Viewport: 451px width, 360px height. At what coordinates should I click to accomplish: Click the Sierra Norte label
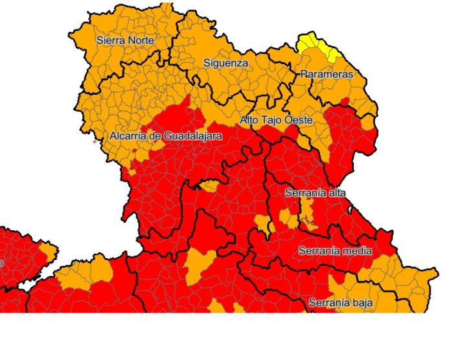point(125,40)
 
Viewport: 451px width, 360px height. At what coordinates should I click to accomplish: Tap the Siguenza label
point(225,63)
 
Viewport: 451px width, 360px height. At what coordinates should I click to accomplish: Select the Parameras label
point(327,75)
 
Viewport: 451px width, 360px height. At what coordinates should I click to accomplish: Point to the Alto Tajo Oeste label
point(276,120)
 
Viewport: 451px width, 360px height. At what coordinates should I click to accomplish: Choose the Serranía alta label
point(315,193)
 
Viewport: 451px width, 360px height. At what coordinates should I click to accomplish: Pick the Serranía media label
point(334,250)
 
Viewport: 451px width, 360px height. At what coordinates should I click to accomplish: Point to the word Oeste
point(299,120)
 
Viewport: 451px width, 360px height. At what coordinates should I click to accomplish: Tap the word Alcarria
point(127,136)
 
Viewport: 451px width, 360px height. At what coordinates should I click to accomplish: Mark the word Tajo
point(273,120)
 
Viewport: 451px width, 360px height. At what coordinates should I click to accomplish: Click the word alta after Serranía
point(337,193)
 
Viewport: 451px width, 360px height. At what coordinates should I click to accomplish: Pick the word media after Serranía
point(357,250)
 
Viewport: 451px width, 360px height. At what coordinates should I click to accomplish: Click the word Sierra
point(110,40)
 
